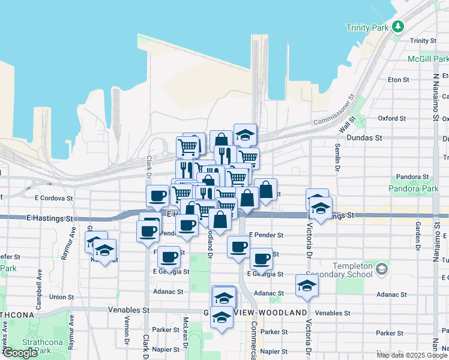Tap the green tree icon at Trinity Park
pyautogui.click(x=396, y=27)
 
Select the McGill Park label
pyautogui.click(x=428, y=59)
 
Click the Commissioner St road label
pyautogui.click(x=334, y=111)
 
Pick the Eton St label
pyautogui.click(x=398, y=79)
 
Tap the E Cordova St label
pyautogui.click(x=53, y=197)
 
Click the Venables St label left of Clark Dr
pyautogui.click(x=128, y=310)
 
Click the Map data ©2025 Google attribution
pyautogui.click(x=412, y=355)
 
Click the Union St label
pyautogui.click(x=62, y=296)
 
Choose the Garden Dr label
pyautogui.click(x=417, y=235)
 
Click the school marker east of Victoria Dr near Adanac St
pyautogui.click(x=307, y=286)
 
